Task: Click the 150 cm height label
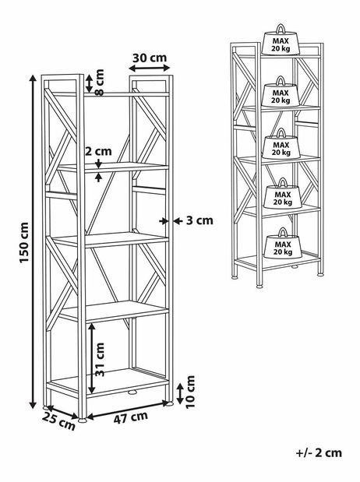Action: (x=24, y=243)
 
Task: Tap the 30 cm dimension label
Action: (x=150, y=58)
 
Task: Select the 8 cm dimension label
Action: (x=100, y=83)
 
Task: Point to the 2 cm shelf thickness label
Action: (x=98, y=151)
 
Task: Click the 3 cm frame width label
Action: (x=199, y=220)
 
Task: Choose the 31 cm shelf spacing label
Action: (x=100, y=359)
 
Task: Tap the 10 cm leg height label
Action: (x=191, y=392)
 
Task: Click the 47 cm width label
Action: (x=131, y=417)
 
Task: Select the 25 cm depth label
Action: (x=58, y=421)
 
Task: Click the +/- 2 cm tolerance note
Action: (x=319, y=452)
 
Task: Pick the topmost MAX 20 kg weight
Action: (x=281, y=40)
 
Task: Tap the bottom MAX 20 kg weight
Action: (x=283, y=244)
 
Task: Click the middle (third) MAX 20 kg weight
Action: (x=281, y=144)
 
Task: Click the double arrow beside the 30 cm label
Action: (x=150, y=67)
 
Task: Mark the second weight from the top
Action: (x=281, y=92)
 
